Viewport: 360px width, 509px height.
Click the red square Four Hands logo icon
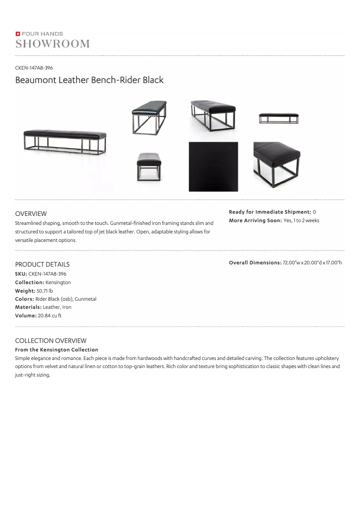(18, 34)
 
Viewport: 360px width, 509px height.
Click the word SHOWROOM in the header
(53, 44)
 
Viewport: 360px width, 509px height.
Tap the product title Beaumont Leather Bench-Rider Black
(89, 80)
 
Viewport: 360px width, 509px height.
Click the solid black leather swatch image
(213, 167)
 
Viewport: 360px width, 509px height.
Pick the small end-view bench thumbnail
(149, 167)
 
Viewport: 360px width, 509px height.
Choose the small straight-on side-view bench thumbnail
(278, 118)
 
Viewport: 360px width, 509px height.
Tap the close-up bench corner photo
(277, 165)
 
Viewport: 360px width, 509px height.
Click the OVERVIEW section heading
(31, 214)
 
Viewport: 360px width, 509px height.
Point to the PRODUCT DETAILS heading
(42, 264)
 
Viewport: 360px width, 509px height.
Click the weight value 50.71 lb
(45, 291)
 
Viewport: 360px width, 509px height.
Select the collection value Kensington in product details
(58, 282)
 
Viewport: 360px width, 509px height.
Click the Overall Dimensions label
(255, 263)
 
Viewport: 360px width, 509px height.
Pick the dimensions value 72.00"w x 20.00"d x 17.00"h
(312, 263)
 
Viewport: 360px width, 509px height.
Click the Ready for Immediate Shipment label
(270, 212)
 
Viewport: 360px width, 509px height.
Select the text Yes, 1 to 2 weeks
(301, 220)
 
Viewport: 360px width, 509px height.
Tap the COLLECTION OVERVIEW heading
(51, 341)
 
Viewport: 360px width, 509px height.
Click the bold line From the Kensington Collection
(57, 350)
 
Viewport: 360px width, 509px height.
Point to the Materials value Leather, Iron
(57, 307)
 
